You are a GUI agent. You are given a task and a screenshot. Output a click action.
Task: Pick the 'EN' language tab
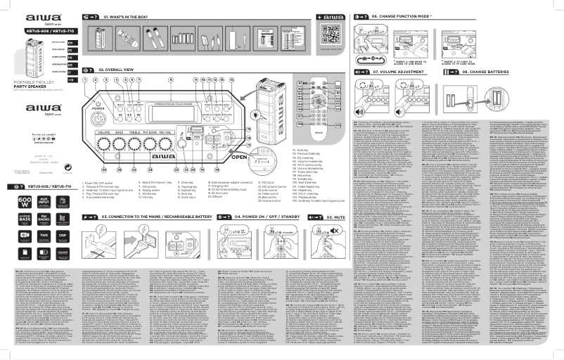69,42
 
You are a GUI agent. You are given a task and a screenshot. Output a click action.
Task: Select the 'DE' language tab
69,65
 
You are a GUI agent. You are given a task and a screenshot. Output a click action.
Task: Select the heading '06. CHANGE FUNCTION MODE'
410,15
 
